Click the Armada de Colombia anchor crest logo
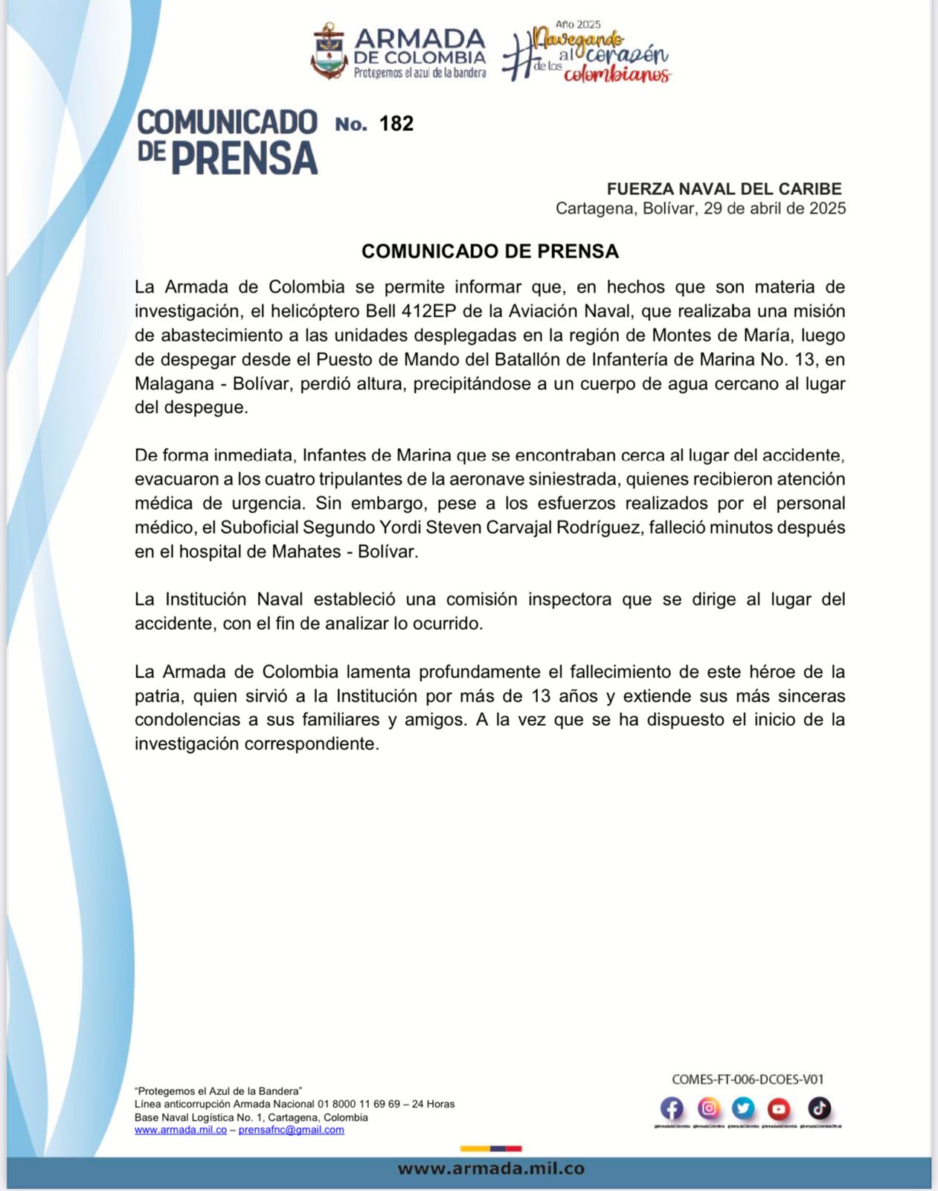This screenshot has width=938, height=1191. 330,51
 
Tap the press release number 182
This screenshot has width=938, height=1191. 396,124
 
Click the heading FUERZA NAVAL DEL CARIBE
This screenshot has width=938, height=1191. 724,189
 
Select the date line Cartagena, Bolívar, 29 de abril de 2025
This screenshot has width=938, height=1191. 700,208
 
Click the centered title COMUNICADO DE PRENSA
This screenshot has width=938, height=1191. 489,252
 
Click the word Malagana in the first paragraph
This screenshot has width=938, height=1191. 178,384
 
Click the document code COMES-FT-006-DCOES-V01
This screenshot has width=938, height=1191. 748,1079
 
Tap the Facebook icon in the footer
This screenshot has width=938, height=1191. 672,1109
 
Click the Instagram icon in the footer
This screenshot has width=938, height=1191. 709,1109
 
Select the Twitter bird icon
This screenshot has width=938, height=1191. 743,1109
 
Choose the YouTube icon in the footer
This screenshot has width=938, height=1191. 779,1109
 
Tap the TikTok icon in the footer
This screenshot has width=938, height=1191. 819,1109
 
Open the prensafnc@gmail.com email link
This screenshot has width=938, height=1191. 291,1130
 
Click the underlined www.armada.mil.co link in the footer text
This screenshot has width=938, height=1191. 181,1130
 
